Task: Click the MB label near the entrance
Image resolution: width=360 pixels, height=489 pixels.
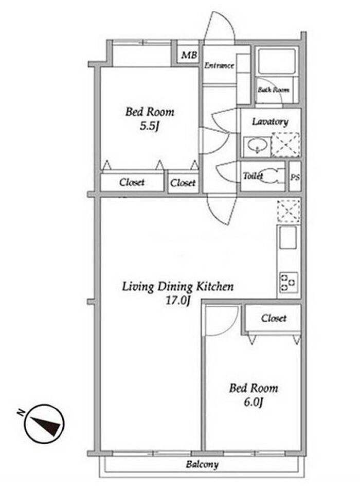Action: [189, 55]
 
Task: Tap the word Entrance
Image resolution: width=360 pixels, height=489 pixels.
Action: [219, 65]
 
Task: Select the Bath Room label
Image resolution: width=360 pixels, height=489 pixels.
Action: [274, 90]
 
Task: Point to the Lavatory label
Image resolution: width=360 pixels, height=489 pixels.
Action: [270, 121]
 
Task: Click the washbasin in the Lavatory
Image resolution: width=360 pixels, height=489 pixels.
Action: [257, 146]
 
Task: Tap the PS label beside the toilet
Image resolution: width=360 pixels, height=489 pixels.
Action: [295, 177]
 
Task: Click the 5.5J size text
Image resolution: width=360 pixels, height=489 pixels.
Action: [150, 126]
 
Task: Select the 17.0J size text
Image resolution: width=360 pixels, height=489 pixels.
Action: [177, 300]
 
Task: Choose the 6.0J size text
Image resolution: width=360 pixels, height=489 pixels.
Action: [254, 402]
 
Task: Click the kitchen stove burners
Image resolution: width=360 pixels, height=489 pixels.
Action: [289, 283]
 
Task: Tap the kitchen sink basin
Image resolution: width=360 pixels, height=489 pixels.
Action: [288, 238]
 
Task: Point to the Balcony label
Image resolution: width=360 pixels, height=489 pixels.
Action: [202, 464]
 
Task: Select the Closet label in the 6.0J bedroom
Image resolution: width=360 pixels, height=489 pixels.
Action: [274, 318]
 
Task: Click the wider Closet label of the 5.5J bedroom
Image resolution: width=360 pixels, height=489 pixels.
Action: [132, 182]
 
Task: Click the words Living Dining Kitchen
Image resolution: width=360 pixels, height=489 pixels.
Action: [177, 287]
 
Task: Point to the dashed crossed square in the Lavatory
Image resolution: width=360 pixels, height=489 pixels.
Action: [285, 145]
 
